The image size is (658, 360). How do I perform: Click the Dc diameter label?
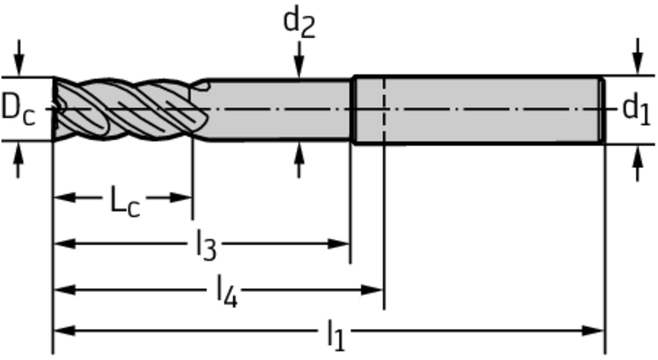18,110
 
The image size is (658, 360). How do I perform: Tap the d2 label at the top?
299,23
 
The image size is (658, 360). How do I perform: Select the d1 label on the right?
636,110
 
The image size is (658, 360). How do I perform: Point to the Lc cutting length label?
125,201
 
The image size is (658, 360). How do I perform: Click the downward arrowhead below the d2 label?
299,67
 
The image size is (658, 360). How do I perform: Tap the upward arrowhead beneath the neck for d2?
299,152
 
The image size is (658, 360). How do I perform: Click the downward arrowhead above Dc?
18,66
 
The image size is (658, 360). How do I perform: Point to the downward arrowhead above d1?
638,64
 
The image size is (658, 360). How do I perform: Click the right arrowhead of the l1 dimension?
594,330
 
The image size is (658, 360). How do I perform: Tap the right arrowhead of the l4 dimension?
372,289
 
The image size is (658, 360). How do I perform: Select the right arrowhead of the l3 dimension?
339,244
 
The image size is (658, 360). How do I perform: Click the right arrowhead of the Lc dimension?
181,197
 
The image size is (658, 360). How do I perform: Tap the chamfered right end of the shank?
602,110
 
